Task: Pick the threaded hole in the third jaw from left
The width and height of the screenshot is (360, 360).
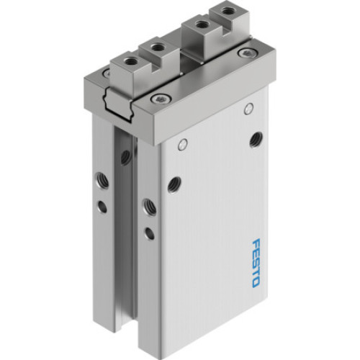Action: point(194,27)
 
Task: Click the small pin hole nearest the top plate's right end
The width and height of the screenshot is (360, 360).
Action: point(249,109)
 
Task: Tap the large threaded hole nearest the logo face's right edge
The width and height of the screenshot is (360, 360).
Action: point(256,139)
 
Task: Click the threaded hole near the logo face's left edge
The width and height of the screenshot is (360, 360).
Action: point(173,184)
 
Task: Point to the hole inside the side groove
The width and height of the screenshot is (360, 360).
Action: point(125,156)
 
